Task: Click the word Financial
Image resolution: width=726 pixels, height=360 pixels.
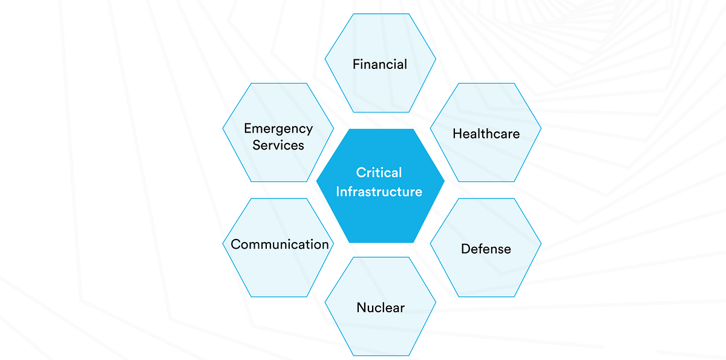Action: (x=380, y=64)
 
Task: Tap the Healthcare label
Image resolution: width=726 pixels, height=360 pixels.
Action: (x=486, y=133)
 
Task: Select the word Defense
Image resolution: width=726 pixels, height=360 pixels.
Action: (x=486, y=249)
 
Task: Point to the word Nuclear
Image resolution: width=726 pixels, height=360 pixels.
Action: (x=381, y=307)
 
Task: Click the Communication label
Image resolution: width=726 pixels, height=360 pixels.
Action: (x=280, y=244)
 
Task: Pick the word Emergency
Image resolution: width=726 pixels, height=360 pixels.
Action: (x=278, y=128)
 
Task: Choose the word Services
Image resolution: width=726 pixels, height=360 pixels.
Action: (x=278, y=145)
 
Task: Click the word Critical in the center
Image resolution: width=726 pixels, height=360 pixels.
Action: (x=379, y=173)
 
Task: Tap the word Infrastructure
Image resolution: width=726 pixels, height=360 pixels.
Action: (x=379, y=192)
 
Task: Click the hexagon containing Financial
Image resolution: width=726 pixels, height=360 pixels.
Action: (x=380, y=36)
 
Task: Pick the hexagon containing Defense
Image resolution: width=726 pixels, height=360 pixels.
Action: (x=486, y=272)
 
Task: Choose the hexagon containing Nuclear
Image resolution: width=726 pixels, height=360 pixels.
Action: (x=381, y=333)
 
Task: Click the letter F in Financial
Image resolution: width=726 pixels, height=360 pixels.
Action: (x=356, y=64)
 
